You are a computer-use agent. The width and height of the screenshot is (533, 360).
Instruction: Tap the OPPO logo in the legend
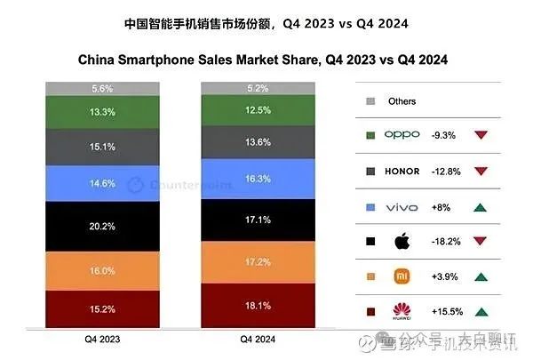coord(402,135)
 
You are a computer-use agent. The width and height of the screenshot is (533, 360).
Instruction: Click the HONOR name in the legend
coord(402,170)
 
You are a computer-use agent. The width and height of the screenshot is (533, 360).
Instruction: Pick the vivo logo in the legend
coord(402,206)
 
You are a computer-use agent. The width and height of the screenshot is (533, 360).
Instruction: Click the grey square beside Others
coord(369,101)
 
